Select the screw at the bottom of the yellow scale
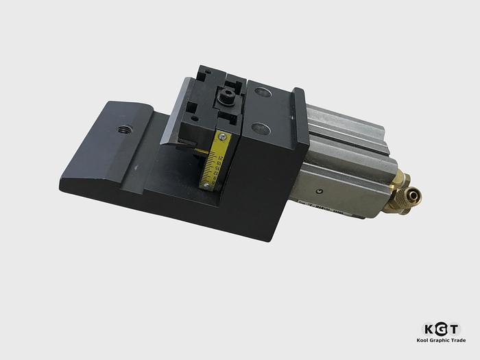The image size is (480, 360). pos(204,184)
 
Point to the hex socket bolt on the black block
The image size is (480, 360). pos(224,97)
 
